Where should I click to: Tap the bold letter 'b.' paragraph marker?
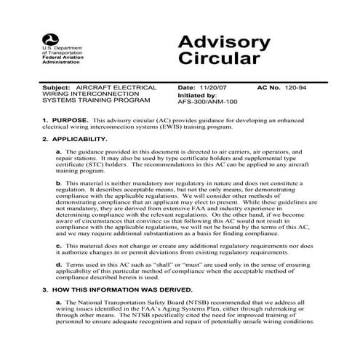(x=59, y=183)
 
